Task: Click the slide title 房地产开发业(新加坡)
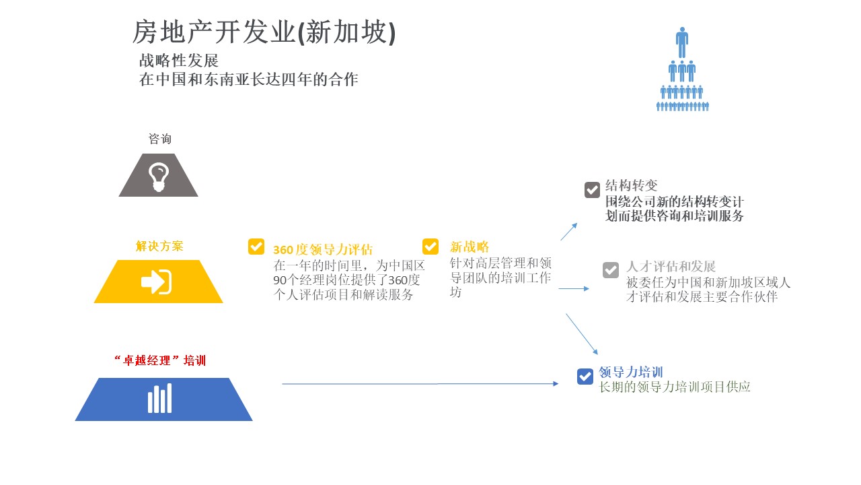tap(264, 32)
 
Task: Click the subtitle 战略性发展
tap(179, 61)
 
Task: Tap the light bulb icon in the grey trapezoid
tap(159, 176)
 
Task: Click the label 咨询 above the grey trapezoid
tap(160, 139)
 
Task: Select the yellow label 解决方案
tap(159, 246)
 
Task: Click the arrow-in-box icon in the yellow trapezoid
tap(157, 282)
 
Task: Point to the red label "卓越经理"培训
tap(160, 360)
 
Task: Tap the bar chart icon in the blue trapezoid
tap(160, 398)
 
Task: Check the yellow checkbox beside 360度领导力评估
tap(256, 247)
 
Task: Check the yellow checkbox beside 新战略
tap(430, 247)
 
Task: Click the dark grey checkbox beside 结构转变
tap(592, 190)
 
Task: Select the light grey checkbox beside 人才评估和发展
tap(611, 270)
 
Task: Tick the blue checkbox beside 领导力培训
tap(585, 377)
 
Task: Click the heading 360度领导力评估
tap(323, 249)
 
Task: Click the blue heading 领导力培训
tap(631, 373)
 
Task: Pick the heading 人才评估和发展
tap(671, 266)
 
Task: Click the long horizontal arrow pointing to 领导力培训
tap(420, 384)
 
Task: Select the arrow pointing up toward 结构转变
tap(569, 232)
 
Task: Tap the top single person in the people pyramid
tap(682, 42)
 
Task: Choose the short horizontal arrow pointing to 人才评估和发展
tap(574, 288)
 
